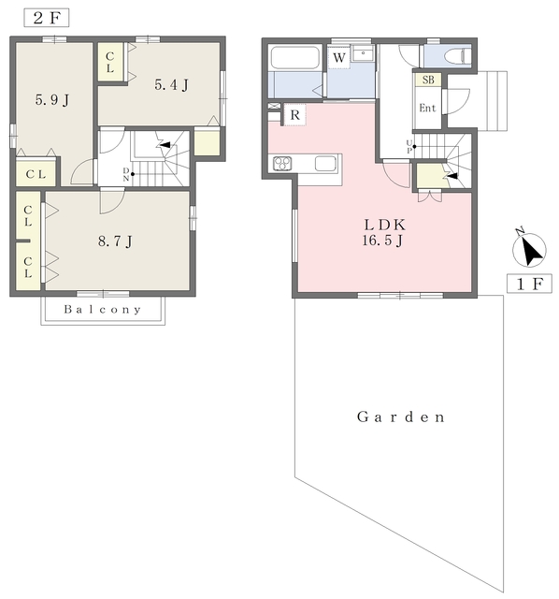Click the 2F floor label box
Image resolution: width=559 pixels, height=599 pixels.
[47, 18]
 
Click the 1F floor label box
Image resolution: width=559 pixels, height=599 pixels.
[529, 284]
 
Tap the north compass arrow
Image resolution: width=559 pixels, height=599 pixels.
[529, 249]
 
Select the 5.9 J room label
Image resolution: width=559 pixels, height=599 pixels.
[52, 100]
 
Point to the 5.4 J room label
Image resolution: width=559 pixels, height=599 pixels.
[171, 85]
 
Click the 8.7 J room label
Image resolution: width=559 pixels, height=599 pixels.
[115, 241]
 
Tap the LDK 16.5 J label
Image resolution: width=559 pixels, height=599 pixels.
[383, 232]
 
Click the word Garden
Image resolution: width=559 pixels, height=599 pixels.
[401, 416]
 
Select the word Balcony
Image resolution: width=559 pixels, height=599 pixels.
[103, 309]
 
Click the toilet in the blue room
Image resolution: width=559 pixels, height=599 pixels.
[457, 56]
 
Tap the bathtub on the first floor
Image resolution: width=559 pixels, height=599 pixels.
[294, 58]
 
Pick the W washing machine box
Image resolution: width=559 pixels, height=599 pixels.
[338, 58]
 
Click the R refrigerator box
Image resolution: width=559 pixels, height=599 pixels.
[294, 114]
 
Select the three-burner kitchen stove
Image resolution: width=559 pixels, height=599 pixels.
[282, 164]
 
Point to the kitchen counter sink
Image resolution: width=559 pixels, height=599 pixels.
[325, 164]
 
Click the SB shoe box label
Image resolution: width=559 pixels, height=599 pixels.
[428, 80]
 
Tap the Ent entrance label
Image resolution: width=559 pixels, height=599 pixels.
[427, 109]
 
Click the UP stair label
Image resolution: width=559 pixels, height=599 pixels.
[409, 146]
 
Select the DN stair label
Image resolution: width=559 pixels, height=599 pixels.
[126, 174]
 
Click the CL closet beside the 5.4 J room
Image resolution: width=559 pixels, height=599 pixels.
[110, 63]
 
